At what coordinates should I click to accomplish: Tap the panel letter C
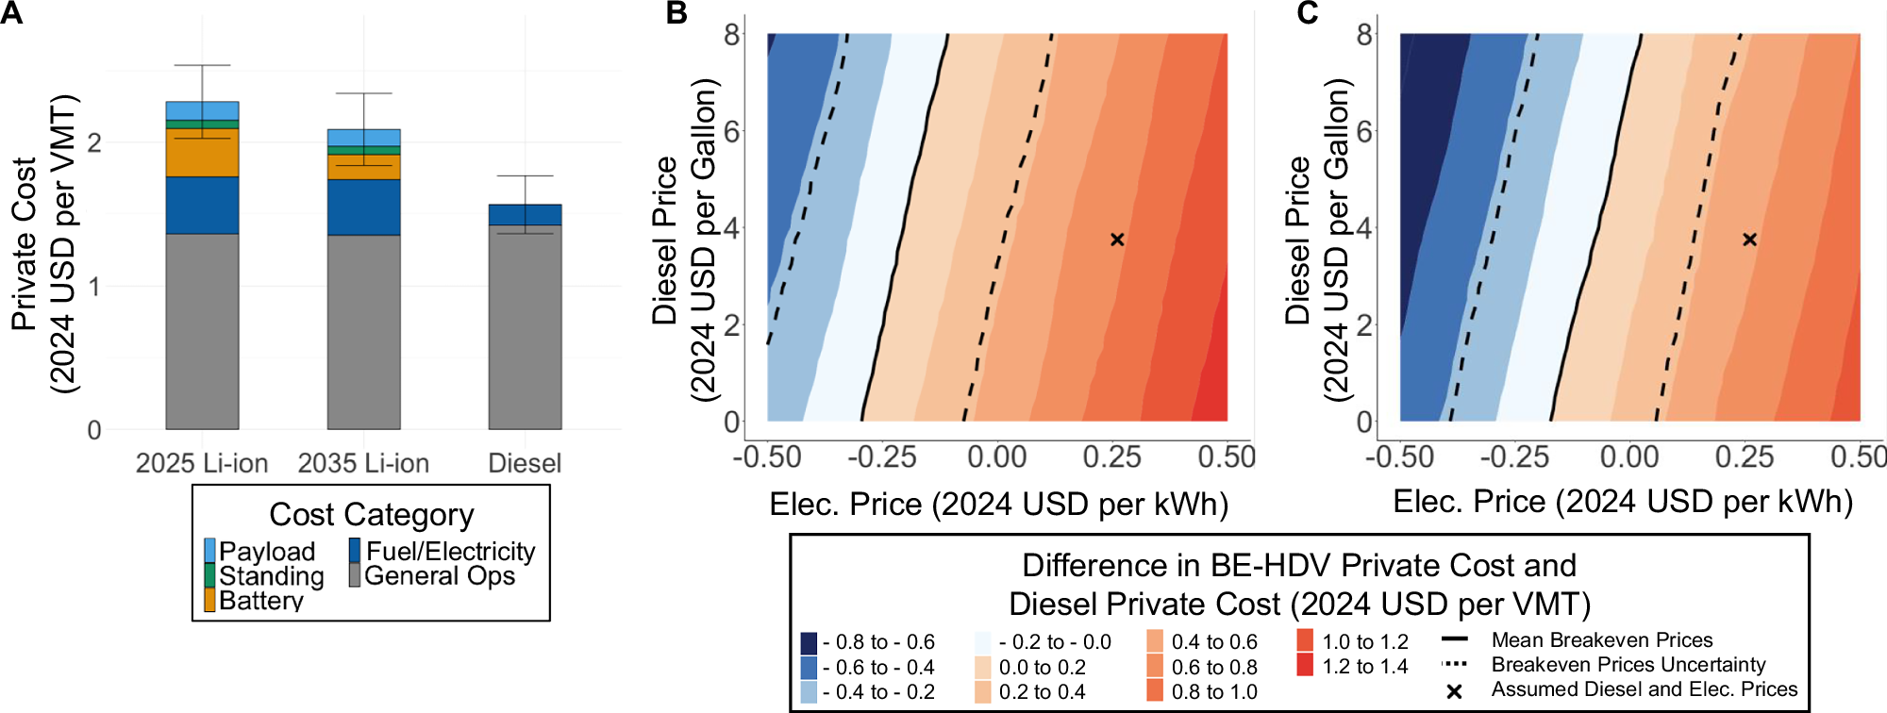(1307, 13)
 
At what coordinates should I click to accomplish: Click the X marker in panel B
(1117, 240)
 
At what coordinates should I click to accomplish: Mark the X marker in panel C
(1749, 240)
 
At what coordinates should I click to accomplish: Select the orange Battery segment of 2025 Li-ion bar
(202, 153)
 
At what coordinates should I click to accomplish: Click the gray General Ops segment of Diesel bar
(525, 326)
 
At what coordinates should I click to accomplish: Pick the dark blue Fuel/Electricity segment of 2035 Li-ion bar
(363, 207)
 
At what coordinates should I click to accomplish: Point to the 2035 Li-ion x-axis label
(363, 463)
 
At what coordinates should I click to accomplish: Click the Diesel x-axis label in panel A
(525, 463)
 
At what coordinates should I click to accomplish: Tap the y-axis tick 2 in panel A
(93, 143)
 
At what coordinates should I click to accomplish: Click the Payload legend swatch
(209, 551)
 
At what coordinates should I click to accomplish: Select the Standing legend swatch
(209, 575)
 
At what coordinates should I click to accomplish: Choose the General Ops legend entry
(439, 575)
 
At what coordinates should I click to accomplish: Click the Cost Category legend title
(371, 515)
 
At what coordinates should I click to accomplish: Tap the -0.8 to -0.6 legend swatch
(809, 643)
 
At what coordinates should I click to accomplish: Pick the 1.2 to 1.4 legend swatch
(1305, 666)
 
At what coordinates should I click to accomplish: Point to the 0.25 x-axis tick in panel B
(1111, 457)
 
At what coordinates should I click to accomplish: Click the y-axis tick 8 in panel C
(1364, 35)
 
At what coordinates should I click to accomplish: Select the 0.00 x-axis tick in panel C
(1629, 457)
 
